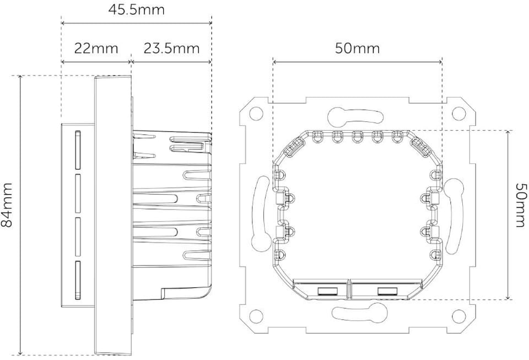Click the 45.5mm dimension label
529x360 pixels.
point(137,9)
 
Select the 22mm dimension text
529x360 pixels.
point(96,49)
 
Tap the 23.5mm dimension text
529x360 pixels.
point(172,49)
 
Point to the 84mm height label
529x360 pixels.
point(7,205)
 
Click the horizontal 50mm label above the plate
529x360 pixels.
point(357,49)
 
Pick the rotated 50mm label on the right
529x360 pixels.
point(521,205)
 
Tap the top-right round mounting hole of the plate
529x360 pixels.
point(458,114)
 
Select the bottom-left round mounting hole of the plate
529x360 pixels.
point(256,316)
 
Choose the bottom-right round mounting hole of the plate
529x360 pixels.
point(458,316)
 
